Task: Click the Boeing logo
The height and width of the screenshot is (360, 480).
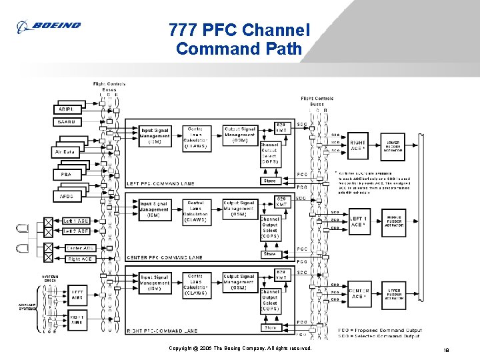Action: tap(49, 26)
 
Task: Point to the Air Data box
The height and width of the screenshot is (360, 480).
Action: tap(69, 152)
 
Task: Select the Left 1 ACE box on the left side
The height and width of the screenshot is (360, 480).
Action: tap(76, 221)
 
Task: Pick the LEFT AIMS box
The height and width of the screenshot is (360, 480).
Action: tap(77, 294)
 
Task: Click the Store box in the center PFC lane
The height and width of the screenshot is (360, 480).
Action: tap(269, 254)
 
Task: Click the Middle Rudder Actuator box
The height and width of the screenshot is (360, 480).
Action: tap(393, 221)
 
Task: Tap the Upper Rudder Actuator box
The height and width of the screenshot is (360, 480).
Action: tap(393, 294)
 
